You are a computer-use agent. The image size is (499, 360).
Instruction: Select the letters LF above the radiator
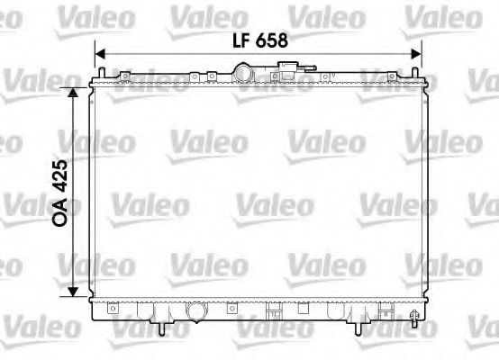pyautogui.click(x=240, y=40)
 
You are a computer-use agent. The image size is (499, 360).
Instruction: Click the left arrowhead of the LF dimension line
pyautogui.click(x=102, y=52)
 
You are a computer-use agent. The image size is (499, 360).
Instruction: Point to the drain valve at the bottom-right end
pyautogui.click(x=413, y=317)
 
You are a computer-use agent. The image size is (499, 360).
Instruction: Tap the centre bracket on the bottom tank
pyautogui.click(x=270, y=314)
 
